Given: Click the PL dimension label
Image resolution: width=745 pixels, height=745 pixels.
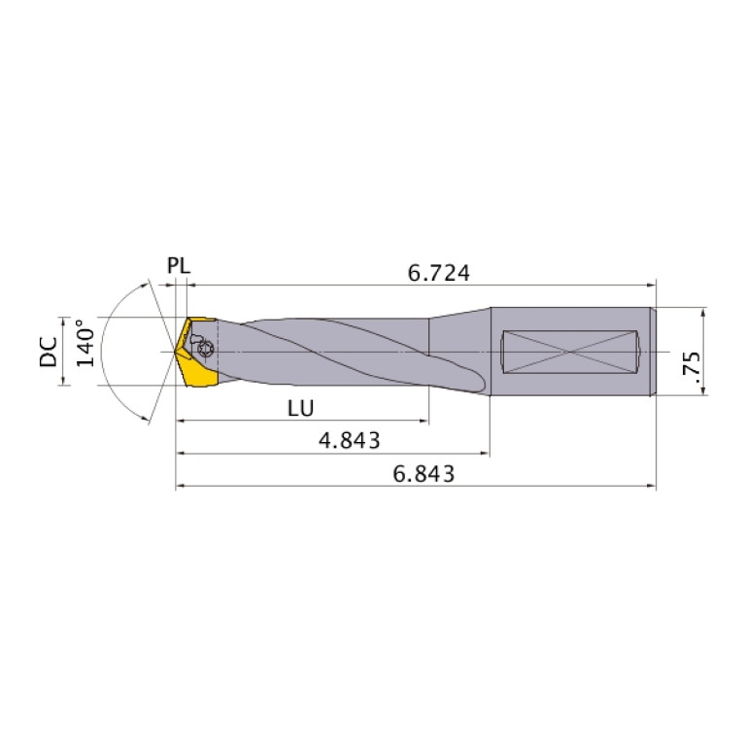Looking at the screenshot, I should coord(178,265).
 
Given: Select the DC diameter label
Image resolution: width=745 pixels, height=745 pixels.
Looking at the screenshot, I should coord(48,351).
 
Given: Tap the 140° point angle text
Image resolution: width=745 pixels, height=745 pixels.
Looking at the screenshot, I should coord(85,343).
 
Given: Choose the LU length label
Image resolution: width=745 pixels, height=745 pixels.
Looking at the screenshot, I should coord(300,409).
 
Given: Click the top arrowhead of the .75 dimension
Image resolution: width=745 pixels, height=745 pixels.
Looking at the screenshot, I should coord(701,312).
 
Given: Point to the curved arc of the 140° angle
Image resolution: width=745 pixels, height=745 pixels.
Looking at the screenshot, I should coord(109,321).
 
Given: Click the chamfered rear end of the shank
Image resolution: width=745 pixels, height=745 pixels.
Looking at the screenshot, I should coord(653,351).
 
